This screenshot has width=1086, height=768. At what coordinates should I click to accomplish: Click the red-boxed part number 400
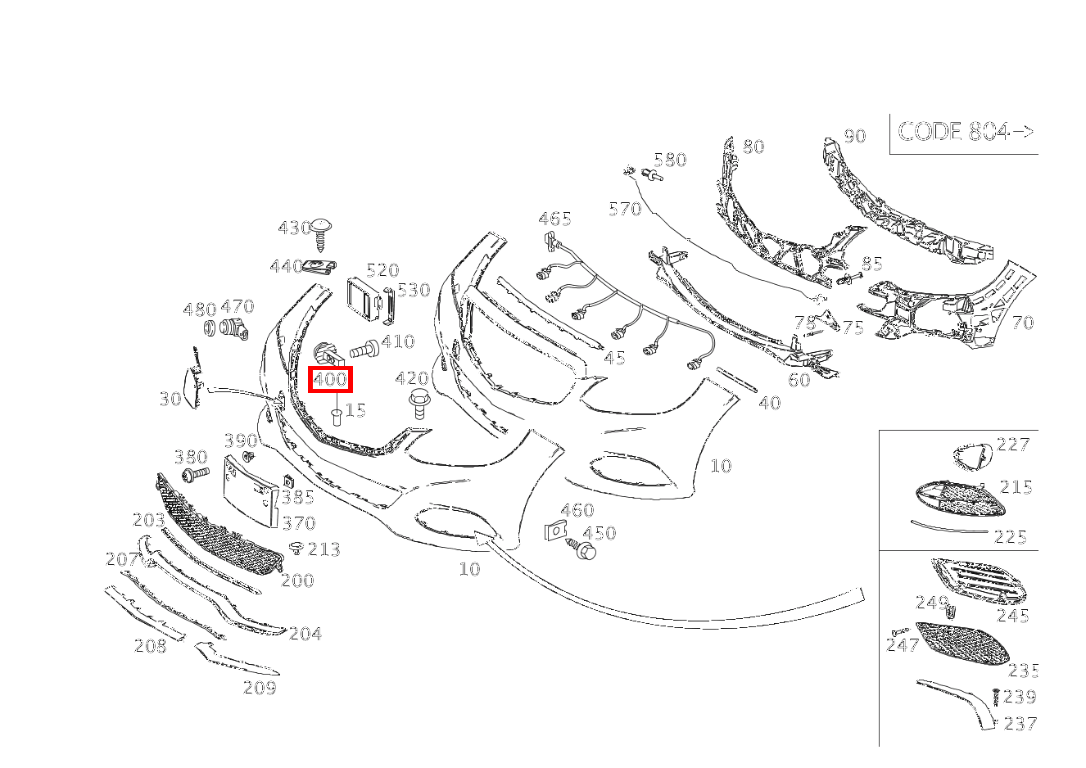[330, 379]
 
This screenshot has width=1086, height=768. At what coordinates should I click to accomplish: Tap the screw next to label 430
[321, 235]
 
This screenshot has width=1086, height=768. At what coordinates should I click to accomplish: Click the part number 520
[383, 270]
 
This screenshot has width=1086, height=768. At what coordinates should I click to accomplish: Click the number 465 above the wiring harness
[554, 219]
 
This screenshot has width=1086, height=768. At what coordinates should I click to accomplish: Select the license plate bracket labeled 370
[250, 490]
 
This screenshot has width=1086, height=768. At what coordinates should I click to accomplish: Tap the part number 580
[670, 160]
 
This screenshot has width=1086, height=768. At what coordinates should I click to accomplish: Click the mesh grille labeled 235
[963, 644]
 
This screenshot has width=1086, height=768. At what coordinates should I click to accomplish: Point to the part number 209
[260, 688]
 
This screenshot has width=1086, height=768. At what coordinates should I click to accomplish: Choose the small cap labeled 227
[972, 457]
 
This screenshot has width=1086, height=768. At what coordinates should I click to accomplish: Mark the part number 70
[1024, 323]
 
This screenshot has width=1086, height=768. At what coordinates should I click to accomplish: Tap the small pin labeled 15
[337, 417]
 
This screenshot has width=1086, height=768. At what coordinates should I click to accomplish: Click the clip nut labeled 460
[555, 531]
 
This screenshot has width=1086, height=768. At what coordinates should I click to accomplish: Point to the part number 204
[305, 633]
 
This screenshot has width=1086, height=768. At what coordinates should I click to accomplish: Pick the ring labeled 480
[210, 328]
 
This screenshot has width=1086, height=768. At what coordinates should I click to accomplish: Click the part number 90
[855, 136]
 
